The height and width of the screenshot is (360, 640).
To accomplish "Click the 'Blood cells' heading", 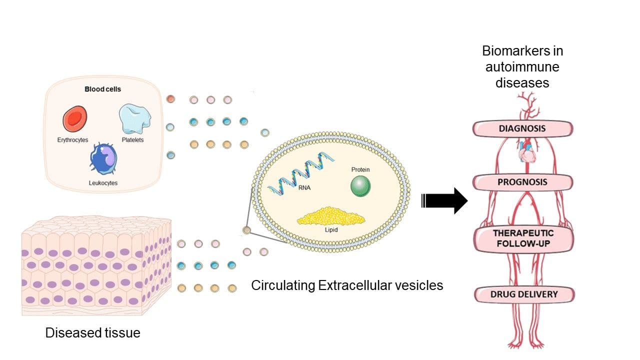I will (102, 89).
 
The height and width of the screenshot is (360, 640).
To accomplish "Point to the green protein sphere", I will (360, 186).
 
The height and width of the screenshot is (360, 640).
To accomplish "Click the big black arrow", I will (444, 200).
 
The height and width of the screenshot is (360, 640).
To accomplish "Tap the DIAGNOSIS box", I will (522, 129).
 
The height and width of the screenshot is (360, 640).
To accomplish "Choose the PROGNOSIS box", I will (522, 182).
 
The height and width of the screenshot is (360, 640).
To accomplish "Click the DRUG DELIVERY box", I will (522, 294).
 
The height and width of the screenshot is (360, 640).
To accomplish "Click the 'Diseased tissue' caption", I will (92, 332).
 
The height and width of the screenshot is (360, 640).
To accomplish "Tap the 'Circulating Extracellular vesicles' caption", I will (347, 285).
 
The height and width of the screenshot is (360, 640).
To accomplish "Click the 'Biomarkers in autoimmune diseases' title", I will (522, 66).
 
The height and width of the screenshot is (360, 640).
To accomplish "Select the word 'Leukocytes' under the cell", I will (103, 183).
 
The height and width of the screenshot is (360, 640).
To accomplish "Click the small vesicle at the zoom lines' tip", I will (246, 230).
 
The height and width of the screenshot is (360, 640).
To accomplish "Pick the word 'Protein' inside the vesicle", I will (360, 170).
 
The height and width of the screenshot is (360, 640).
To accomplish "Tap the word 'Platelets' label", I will (132, 140).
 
